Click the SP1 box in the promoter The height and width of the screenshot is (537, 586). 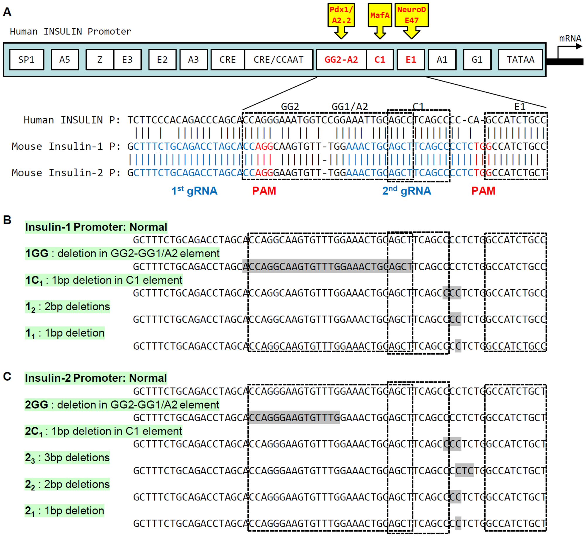[26, 60]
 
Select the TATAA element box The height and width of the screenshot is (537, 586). [520, 60]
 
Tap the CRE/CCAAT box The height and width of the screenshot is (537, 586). [278, 60]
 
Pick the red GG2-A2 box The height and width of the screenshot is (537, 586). [341, 60]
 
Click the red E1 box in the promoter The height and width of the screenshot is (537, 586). [411, 60]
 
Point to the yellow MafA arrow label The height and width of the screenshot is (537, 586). [380, 15]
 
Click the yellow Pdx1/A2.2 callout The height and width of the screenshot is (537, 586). [341, 15]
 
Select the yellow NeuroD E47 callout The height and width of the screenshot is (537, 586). [411, 15]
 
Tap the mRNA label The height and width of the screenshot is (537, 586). [570, 38]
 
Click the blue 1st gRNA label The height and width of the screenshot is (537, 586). [194, 191]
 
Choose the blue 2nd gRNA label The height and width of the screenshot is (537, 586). [406, 191]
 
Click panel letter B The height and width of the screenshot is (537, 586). [7, 220]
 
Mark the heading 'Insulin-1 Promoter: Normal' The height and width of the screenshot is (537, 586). [96, 227]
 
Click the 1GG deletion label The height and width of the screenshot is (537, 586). [122, 253]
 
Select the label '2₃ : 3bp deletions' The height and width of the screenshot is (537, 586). [67, 457]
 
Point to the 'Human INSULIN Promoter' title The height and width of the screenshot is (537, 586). [70, 31]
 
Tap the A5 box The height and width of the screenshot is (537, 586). [65, 60]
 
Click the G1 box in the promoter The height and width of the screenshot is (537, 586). [477, 60]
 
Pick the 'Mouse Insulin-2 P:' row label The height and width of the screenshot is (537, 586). [66, 173]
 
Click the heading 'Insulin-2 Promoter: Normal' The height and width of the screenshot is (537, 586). [96, 378]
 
